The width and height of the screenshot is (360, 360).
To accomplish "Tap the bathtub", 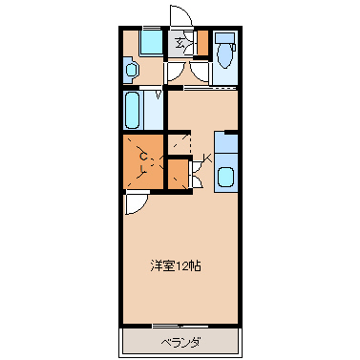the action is (x=132, y=110).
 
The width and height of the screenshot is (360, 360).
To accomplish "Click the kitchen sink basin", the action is (x=225, y=177).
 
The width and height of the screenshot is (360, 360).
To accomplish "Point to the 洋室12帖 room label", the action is (x=176, y=265).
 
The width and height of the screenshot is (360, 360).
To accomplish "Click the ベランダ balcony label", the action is (x=180, y=343).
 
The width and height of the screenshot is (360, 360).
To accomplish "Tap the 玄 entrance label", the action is (x=180, y=42).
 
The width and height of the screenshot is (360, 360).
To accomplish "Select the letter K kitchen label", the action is (x=207, y=158).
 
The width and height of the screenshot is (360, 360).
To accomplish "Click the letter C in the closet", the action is (x=144, y=157).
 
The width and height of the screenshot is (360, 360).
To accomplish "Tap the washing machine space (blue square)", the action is (x=151, y=43).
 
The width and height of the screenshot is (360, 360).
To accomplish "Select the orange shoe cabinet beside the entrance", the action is (x=202, y=43).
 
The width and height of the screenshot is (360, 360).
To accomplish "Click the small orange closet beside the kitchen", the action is (x=178, y=175).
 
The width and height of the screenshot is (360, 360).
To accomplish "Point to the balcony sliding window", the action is (x=180, y=326).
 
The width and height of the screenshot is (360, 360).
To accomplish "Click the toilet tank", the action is (x=225, y=38).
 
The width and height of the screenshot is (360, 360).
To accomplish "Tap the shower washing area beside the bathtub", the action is (x=154, y=110).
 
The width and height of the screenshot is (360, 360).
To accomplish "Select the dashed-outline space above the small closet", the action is (x=180, y=144).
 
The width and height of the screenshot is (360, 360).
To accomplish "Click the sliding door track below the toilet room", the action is (x=211, y=87).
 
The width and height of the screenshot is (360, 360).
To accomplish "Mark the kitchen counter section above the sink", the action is (x=225, y=143).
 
